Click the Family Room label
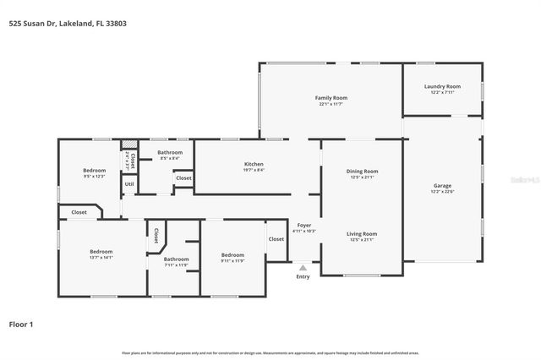tap(332, 98)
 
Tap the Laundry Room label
tap(442, 86)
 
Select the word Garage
tap(443, 185)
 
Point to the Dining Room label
tap(363, 171)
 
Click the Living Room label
tap(363, 233)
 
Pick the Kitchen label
tap(254, 163)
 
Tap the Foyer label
tap(303, 225)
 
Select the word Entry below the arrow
tap(303, 276)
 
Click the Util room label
tap(129, 183)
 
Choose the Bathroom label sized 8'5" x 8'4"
tap(169, 152)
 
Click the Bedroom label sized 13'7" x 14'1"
tap(101, 251)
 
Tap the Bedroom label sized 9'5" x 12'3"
tap(93, 170)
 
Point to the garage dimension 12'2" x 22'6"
tap(443, 192)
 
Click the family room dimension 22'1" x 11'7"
tap(332, 105)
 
